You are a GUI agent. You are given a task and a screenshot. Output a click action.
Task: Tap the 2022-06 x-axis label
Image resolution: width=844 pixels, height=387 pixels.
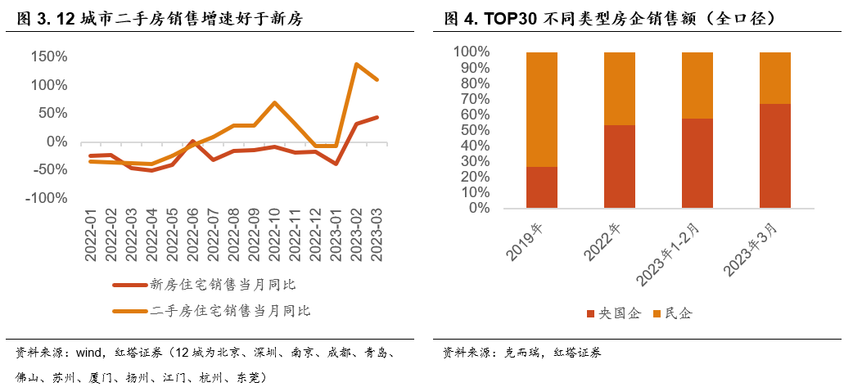pos(193,235)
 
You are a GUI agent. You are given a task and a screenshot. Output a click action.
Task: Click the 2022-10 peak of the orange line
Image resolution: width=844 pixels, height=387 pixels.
pos(274,103)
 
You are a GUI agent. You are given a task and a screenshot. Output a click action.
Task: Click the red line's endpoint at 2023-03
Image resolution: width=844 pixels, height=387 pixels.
pos(377,117)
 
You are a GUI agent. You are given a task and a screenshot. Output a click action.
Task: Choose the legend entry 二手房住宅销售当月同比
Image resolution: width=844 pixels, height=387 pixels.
pos(229,311)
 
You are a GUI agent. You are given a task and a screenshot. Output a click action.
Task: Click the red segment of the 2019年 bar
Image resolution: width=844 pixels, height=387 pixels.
pos(542,187)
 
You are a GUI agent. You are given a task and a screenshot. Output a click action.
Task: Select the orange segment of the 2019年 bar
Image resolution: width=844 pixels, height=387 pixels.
pos(542,110)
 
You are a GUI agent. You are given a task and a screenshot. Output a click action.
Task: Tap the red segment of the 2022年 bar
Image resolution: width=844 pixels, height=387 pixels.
pos(619,166)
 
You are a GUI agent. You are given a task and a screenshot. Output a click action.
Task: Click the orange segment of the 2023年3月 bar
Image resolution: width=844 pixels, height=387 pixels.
pos(774,78)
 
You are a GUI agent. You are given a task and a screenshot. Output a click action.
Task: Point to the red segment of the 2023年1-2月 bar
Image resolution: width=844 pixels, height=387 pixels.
pos(697,163)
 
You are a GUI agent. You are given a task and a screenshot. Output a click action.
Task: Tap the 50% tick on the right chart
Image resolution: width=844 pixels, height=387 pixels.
pos(474,130)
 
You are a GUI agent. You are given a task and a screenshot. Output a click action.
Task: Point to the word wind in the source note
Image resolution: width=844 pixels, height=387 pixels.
pos(88,353)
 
